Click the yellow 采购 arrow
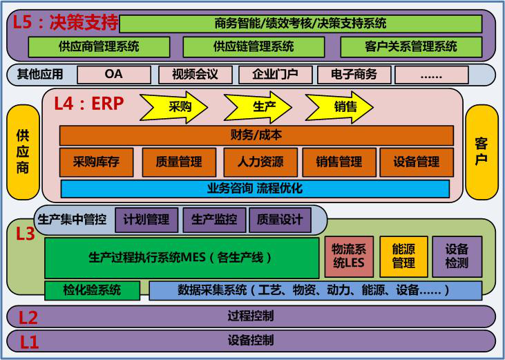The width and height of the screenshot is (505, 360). point(174,107)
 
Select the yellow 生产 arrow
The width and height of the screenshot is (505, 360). point(258,107)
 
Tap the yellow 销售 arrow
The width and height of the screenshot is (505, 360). point(339,107)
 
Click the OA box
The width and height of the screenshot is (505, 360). point(114,75)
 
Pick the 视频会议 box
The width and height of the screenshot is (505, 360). point(196,75)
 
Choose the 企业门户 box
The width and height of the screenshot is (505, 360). point(276,75)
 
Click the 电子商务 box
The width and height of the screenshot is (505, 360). point(354,75)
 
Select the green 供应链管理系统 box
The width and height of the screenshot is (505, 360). point(254,47)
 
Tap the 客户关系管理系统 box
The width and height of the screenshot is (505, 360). point(411,47)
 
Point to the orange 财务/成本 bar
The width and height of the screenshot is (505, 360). point(256,135)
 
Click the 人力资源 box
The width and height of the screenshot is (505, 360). point(260,162)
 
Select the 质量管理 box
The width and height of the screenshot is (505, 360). point(179,162)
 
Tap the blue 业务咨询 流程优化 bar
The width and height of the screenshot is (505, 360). point(255,189)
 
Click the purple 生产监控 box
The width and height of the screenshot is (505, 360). point(214,220)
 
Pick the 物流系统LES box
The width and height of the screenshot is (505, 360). point(349,256)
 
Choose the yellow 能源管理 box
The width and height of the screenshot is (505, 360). point(404,256)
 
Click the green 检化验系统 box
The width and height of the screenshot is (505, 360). point(92,290)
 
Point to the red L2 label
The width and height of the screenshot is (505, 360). point(28,317)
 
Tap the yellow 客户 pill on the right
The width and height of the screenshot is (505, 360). point(482,152)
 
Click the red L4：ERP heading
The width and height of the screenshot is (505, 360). point(89,104)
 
